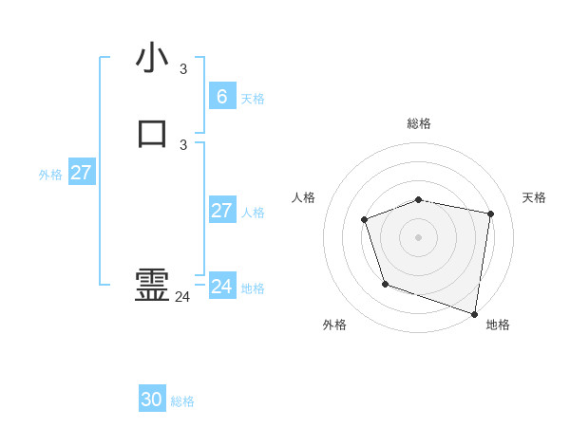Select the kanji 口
point(152,134)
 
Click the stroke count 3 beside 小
point(183,69)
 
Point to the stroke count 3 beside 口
point(183,145)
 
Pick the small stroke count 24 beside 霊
point(182,297)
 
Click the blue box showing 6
point(221,96)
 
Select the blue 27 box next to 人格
point(221,211)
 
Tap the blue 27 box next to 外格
point(82,173)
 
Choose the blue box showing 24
point(221,286)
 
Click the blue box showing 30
point(152,400)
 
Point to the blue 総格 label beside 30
point(182,401)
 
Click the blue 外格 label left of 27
point(50,175)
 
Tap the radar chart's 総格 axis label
point(418,123)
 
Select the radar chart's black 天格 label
point(534,197)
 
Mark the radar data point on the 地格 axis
point(475,313)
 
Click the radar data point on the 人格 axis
point(365,220)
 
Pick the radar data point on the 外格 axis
point(385,284)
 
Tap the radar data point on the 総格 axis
point(419,199)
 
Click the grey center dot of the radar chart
point(418,236)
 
